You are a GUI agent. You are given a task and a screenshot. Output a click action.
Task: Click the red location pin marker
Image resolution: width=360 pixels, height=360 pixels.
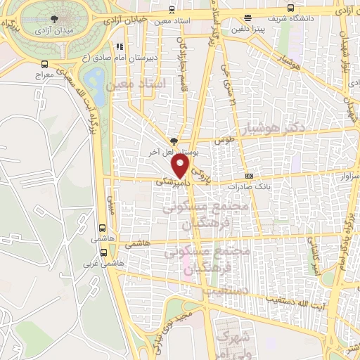(181, 167)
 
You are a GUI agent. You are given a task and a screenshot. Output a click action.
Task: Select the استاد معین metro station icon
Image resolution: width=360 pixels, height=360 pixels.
(173, 11)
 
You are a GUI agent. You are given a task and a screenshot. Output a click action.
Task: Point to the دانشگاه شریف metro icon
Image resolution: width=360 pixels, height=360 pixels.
(245, 18)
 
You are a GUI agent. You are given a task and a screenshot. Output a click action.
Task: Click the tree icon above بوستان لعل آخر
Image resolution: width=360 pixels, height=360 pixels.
(174, 140)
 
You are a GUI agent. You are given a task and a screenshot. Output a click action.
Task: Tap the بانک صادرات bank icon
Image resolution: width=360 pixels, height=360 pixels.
(248, 176)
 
